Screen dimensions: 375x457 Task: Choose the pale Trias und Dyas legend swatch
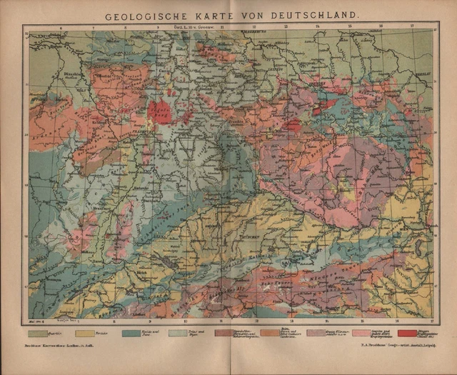[179, 333]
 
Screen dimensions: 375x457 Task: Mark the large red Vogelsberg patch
[160, 111]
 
